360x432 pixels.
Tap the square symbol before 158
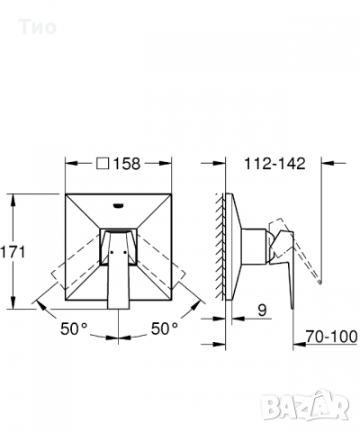click(x=103, y=164)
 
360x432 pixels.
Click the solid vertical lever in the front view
click(x=117, y=270)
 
